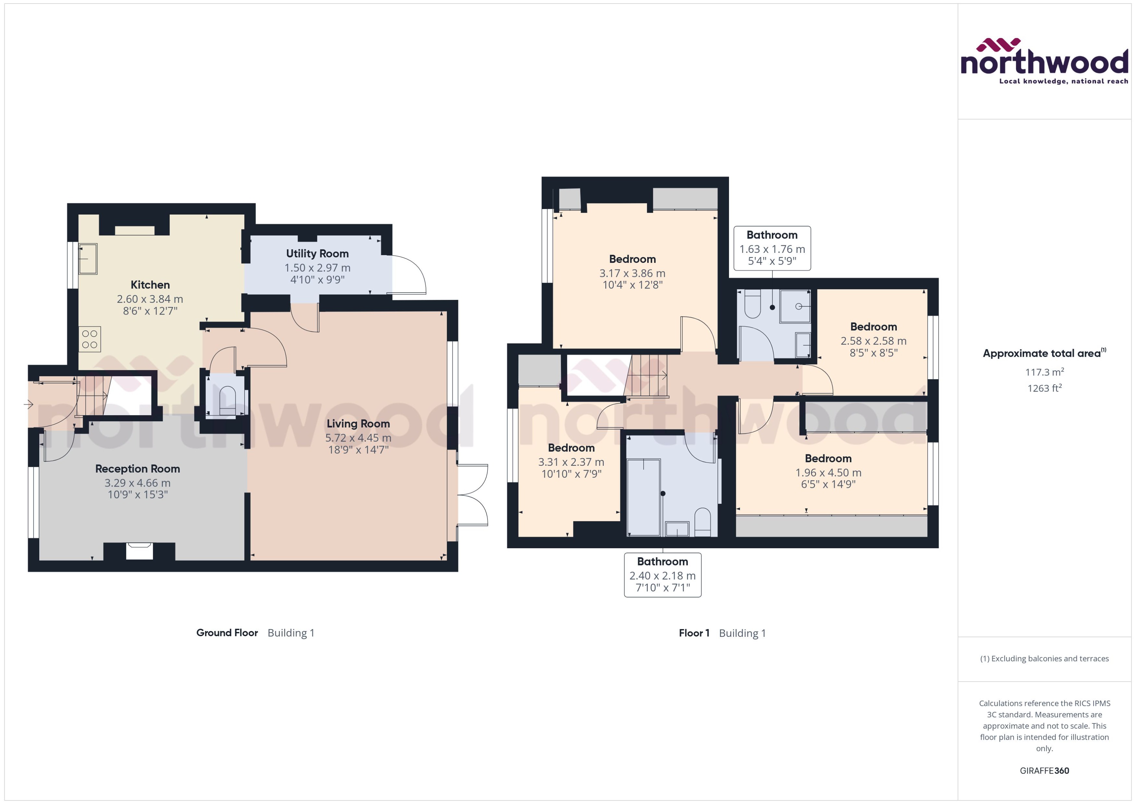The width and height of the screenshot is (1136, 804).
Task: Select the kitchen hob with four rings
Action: pos(90,340)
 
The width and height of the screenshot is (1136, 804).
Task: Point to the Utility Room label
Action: pos(317,254)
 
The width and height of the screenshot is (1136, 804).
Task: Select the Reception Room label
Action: pos(138,469)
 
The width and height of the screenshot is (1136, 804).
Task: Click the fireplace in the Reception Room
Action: pos(139,551)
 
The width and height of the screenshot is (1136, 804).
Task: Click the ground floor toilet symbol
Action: pos(227,400)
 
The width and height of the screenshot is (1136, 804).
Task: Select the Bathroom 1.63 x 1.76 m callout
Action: pos(772,248)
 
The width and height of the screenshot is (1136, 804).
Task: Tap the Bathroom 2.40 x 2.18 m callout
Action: pos(662,575)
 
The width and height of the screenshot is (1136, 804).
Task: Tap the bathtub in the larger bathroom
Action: pos(644,498)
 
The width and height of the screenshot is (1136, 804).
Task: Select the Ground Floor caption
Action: pos(227,633)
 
